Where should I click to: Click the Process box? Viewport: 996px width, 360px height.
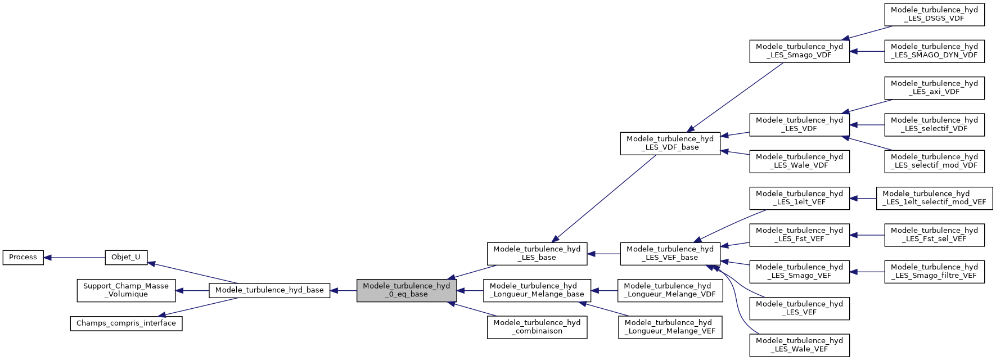23,258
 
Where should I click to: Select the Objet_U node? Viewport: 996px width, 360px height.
126,258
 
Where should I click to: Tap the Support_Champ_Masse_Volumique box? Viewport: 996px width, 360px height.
126,290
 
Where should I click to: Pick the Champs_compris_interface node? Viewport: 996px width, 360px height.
126,323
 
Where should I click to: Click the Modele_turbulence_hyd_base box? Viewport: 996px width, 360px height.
269,290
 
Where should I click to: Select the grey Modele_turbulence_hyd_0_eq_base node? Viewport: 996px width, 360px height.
406,290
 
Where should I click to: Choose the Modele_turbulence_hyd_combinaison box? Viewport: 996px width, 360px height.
537,327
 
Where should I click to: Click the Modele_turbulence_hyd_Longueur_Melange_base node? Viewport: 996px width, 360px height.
537,290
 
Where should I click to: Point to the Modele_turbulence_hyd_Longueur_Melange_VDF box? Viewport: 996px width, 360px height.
670,290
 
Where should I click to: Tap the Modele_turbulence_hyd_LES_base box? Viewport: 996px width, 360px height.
537,254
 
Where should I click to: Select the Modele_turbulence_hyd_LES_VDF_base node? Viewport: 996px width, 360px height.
670,143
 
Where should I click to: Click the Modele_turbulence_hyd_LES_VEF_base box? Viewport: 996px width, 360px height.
670,254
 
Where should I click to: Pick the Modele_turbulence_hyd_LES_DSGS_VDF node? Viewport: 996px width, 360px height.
934,15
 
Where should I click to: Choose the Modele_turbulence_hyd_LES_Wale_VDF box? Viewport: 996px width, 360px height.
799,161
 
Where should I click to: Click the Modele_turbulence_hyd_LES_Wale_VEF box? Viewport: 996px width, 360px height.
799,345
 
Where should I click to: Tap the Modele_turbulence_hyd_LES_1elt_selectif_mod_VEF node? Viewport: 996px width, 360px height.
934,199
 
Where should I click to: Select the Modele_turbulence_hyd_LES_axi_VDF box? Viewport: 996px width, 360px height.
934,88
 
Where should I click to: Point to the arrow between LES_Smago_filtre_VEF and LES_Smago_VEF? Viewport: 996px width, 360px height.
867,272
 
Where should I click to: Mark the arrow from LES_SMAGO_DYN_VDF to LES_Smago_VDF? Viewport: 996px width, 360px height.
867,51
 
